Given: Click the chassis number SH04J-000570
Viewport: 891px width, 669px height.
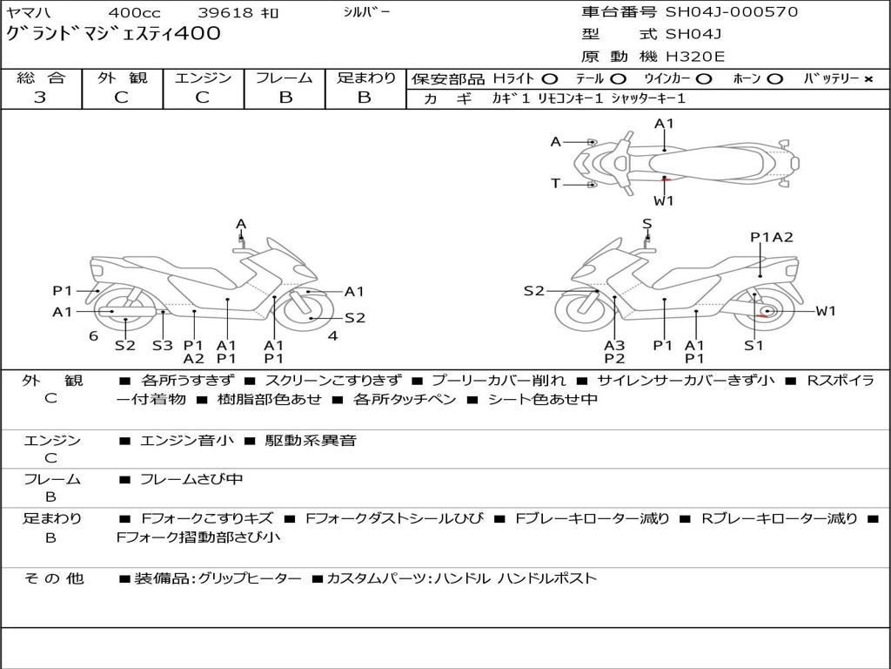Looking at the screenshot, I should point(731,12).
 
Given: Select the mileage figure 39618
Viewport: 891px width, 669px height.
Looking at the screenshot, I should point(224,13).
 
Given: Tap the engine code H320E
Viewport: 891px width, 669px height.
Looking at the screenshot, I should point(694,57).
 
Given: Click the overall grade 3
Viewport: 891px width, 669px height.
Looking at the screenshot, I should point(40,98).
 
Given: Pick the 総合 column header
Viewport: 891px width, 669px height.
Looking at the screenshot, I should point(41,78).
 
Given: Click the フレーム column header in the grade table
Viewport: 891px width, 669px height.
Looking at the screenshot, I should point(285,78).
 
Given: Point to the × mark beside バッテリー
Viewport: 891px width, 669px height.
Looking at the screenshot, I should point(868,79).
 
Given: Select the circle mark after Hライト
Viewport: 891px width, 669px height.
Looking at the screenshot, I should point(550,79).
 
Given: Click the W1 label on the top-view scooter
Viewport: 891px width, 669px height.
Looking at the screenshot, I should point(664,200).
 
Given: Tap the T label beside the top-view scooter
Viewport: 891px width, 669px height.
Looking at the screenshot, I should point(555,183).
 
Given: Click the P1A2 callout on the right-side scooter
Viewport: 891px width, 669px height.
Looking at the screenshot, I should point(771,237).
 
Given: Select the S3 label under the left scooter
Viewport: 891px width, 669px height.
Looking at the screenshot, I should point(163,345).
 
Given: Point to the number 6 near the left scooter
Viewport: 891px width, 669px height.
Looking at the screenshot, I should point(93,335).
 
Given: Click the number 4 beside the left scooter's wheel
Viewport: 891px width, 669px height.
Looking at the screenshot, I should point(332,335).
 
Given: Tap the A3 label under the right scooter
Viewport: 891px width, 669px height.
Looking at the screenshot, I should point(614,345).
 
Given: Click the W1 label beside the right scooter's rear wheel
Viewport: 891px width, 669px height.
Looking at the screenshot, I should point(825,311).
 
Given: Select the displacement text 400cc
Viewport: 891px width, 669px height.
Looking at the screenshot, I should point(134,13).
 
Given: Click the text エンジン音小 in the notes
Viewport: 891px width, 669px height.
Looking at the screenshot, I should point(187,441).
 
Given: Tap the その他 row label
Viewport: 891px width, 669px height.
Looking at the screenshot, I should point(53,578).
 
